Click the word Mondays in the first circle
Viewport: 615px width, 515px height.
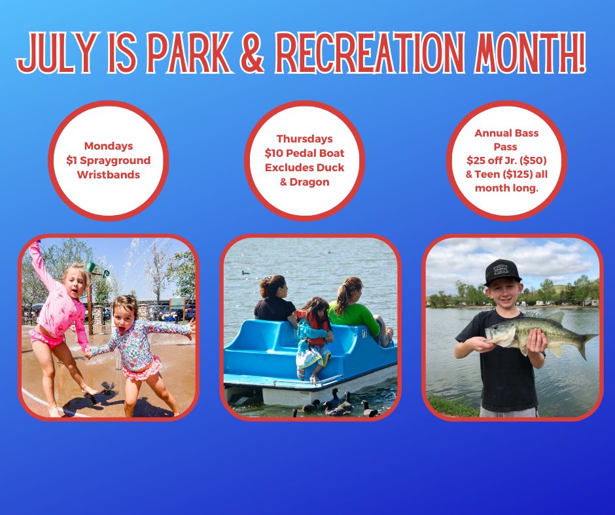coord(108,146)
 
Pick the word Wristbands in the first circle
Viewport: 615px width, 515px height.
coord(108,174)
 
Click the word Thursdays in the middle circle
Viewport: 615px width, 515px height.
coord(304,139)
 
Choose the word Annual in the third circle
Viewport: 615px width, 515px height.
coord(493,133)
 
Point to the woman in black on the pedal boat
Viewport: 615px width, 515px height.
coord(275,301)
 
